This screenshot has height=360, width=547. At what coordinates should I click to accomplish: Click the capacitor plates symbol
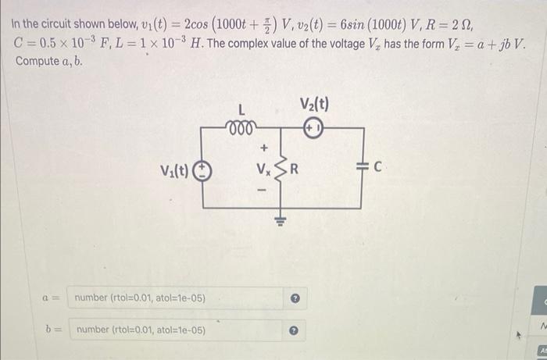point(361,166)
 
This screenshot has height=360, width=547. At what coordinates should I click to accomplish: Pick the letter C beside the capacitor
point(377,166)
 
